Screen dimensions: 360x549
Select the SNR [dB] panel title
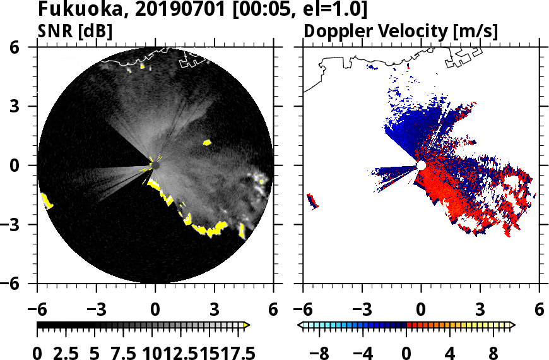tap(76, 31)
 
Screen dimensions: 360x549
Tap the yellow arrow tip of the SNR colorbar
tap(247, 325)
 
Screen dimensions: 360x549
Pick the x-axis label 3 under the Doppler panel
tap(480, 311)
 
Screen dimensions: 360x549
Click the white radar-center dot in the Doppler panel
tap(421, 165)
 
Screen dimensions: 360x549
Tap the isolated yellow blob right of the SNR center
tap(207, 143)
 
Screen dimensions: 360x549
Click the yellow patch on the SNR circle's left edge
tap(47, 201)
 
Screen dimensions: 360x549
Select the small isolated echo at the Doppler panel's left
tap(312, 201)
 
